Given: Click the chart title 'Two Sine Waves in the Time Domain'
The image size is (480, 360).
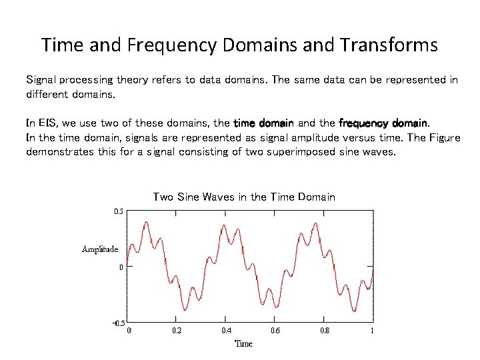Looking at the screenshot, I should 244,197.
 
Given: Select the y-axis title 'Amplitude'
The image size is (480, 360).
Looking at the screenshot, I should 100,249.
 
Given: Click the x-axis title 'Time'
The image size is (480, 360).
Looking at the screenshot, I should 243,343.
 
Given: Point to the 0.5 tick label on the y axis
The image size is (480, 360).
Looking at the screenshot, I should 118,211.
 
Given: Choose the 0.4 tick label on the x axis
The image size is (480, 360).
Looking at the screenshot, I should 227,331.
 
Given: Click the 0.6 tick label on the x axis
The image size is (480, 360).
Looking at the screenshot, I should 275,331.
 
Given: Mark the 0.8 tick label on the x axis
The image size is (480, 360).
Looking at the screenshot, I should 324,331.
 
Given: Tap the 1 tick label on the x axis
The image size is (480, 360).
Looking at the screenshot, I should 372,331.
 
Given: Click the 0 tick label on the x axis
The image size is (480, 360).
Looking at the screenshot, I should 129,331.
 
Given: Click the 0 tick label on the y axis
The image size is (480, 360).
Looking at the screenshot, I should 121,267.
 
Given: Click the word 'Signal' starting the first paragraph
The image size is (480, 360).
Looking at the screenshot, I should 41,80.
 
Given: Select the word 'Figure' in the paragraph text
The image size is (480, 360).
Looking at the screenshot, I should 443,138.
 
